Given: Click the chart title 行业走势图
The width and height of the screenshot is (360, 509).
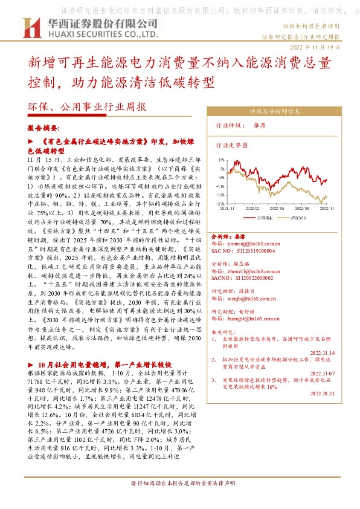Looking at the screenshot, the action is click(x=232, y=146).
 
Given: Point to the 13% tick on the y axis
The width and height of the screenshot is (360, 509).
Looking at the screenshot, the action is click(x=222, y=160).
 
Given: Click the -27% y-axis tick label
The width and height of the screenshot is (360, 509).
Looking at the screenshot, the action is click(x=221, y=204).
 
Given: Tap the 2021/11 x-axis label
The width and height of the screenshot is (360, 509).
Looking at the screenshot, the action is click(x=227, y=207).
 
